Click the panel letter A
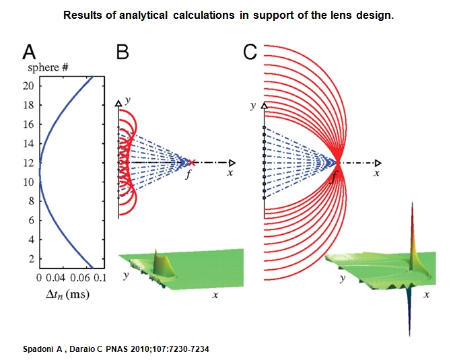29,52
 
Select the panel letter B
123,52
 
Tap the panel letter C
250,52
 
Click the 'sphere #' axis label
48,67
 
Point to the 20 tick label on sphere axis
28,85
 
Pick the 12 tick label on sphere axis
28,163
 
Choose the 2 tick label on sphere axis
31,259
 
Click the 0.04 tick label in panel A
55,278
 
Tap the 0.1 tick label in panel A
100,278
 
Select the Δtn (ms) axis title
67,295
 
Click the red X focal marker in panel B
192,163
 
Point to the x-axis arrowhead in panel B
232,163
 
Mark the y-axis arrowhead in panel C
264,106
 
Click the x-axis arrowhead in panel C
378,163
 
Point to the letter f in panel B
188,174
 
